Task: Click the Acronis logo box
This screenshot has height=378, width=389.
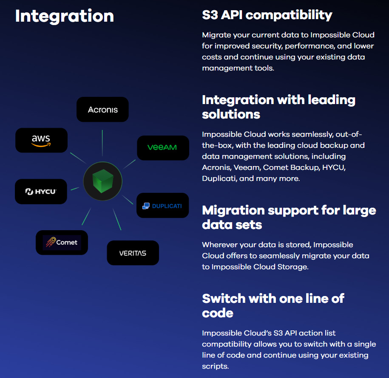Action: pos(102,110)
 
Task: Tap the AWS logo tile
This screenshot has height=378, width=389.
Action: pos(41,140)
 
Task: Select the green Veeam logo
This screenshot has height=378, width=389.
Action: pos(162,148)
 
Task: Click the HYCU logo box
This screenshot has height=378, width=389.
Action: pos(41,192)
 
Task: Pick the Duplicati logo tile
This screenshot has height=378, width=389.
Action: pos(162,206)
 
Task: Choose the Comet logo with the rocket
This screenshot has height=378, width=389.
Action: pos(62,243)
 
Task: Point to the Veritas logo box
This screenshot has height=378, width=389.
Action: pos(133,253)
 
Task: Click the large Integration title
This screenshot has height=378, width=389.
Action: pos(65,16)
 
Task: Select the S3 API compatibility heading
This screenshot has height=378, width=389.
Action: pos(267,15)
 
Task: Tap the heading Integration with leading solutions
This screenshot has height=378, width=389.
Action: pos(278,107)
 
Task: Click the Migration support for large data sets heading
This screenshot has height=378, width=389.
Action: pos(289,217)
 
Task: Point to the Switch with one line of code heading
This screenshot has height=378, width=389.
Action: pos(273,305)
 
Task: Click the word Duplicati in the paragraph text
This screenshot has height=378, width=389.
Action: pos(219,178)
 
